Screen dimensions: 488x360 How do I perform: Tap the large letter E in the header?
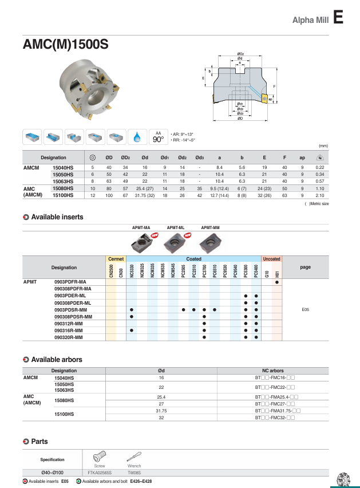[338, 18]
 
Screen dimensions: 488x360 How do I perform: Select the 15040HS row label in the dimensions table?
[63, 167]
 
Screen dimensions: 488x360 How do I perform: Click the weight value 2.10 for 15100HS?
[320, 195]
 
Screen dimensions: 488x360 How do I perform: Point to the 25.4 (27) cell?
[145, 188]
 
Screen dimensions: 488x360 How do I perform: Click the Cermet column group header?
[116, 259]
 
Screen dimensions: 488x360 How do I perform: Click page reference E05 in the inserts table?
[305, 310]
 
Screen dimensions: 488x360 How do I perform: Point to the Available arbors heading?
[57, 360]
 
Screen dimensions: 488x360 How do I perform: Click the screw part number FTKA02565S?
[100, 473]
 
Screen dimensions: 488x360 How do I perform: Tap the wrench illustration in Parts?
[134, 458]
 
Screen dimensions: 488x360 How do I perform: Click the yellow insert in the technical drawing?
[264, 99]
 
